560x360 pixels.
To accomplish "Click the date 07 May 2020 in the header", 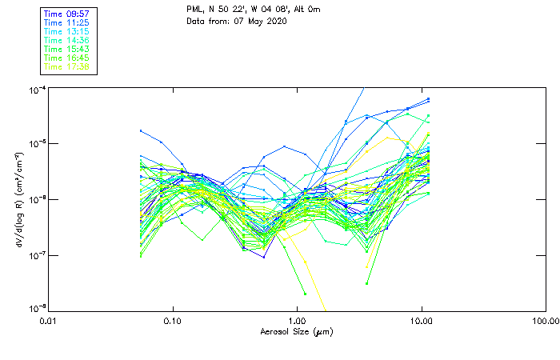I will (x=255, y=22).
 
